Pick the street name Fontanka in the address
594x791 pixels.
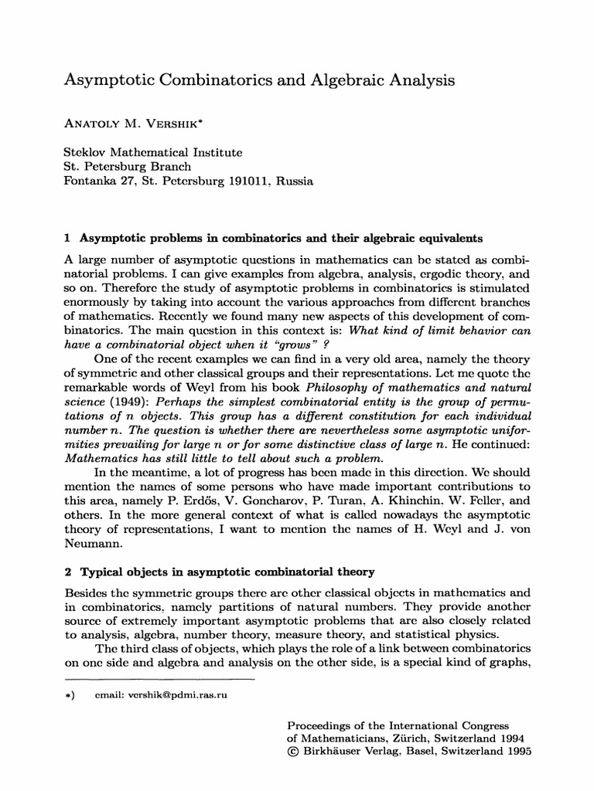click(88, 182)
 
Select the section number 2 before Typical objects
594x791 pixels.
click(66, 572)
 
